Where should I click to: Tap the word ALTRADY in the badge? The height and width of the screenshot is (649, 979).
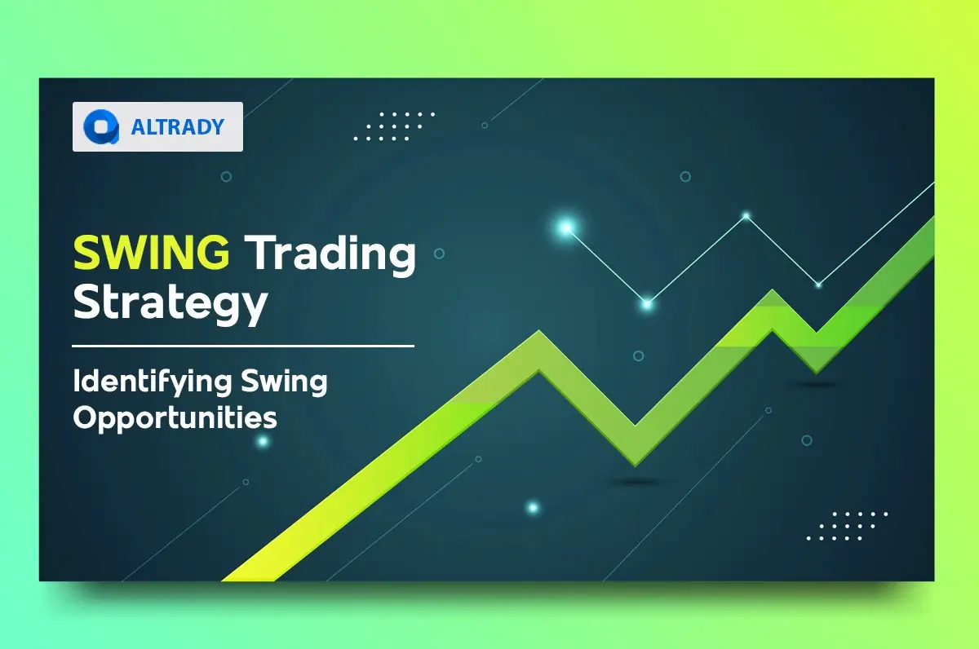click(177, 127)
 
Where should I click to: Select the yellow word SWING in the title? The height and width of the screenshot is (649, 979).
click(152, 254)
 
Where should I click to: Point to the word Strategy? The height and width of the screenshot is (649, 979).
click(171, 303)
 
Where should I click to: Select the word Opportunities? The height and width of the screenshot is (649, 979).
click(175, 418)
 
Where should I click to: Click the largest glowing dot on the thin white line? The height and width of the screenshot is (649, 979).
click(565, 228)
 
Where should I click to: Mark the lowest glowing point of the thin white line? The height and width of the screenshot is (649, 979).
click(647, 304)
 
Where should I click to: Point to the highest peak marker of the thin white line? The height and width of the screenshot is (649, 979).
click(746, 216)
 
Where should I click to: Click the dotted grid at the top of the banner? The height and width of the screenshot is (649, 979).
click(394, 126)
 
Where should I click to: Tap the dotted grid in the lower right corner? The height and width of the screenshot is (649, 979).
click(847, 526)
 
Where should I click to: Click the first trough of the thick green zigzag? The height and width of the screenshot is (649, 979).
click(636, 437)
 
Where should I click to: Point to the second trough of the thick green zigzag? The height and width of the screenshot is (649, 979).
click(817, 347)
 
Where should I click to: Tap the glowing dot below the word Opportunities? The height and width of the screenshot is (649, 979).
click(263, 442)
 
